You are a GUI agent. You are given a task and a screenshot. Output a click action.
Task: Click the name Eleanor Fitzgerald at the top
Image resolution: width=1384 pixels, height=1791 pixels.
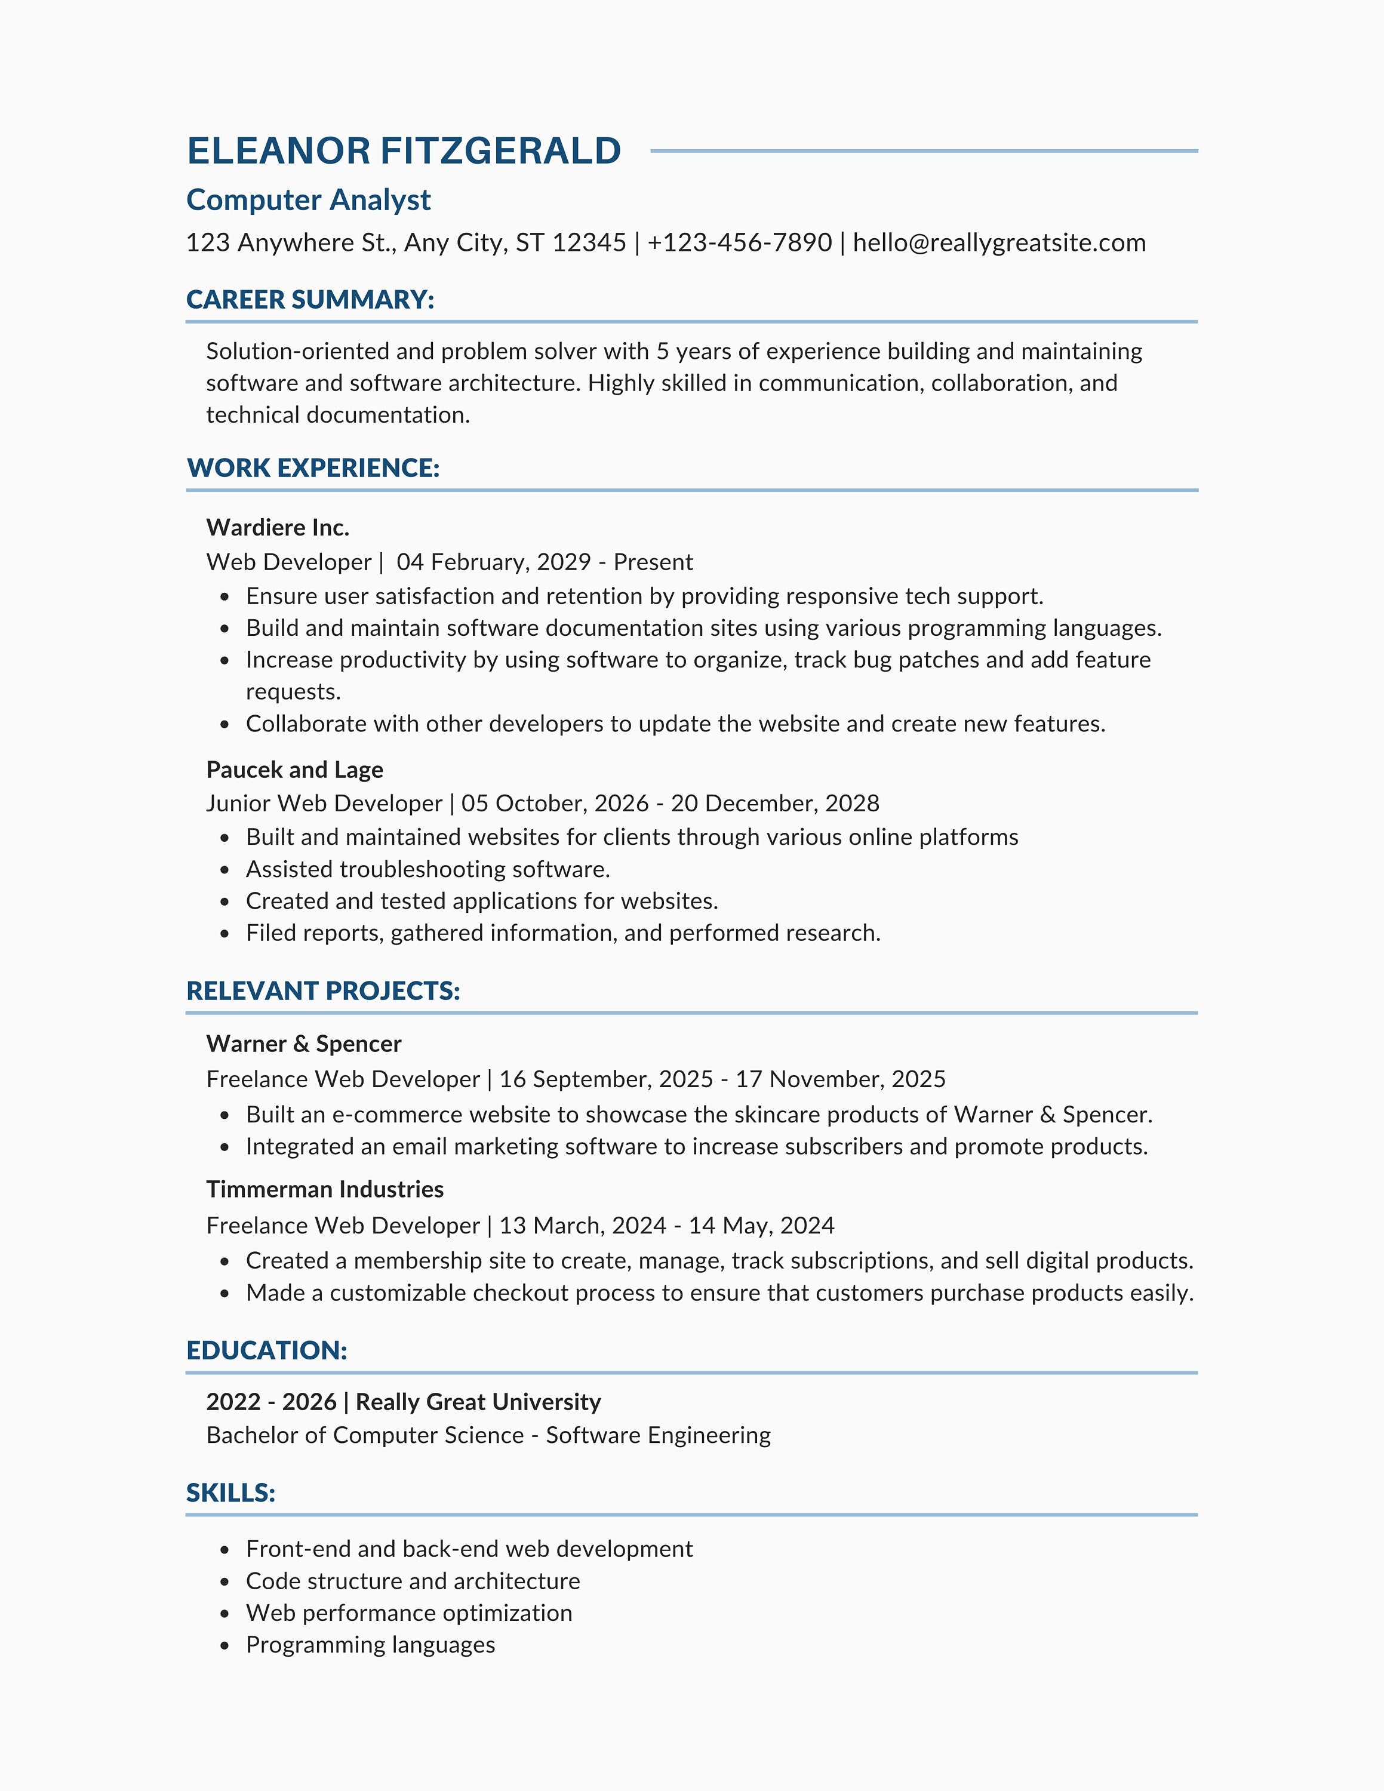(404, 151)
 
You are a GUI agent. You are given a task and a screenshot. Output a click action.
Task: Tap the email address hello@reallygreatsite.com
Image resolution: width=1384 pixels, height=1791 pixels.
(999, 243)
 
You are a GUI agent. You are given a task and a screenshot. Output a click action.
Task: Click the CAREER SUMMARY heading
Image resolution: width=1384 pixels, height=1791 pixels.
(310, 299)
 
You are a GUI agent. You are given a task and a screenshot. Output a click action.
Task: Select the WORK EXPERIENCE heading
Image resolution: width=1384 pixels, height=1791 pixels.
(313, 468)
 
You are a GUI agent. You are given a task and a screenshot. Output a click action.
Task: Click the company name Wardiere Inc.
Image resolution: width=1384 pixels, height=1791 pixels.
(278, 527)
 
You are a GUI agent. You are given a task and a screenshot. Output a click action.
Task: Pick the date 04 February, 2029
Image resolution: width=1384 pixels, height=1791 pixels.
(494, 562)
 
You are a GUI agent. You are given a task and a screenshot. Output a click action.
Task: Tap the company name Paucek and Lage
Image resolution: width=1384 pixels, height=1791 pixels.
(294, 769)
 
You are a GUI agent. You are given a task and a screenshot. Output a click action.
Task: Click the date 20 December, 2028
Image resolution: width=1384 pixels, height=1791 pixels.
(775, 803)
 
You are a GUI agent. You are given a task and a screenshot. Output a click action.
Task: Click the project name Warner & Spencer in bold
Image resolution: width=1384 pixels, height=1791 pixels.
(303, 1044)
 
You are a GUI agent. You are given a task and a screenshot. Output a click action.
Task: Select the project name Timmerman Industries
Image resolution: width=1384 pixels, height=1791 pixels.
(325, 1189)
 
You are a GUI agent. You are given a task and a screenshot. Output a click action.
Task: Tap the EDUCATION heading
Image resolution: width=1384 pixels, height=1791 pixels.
(266, 1350)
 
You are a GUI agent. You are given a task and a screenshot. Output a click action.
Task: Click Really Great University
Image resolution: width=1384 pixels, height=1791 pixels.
(478, 1402)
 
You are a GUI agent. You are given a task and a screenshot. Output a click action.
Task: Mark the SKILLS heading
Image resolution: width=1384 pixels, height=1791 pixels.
(230, 1492)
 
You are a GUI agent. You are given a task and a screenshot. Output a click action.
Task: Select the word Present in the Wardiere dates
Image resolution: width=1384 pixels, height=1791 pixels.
(653, 562)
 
